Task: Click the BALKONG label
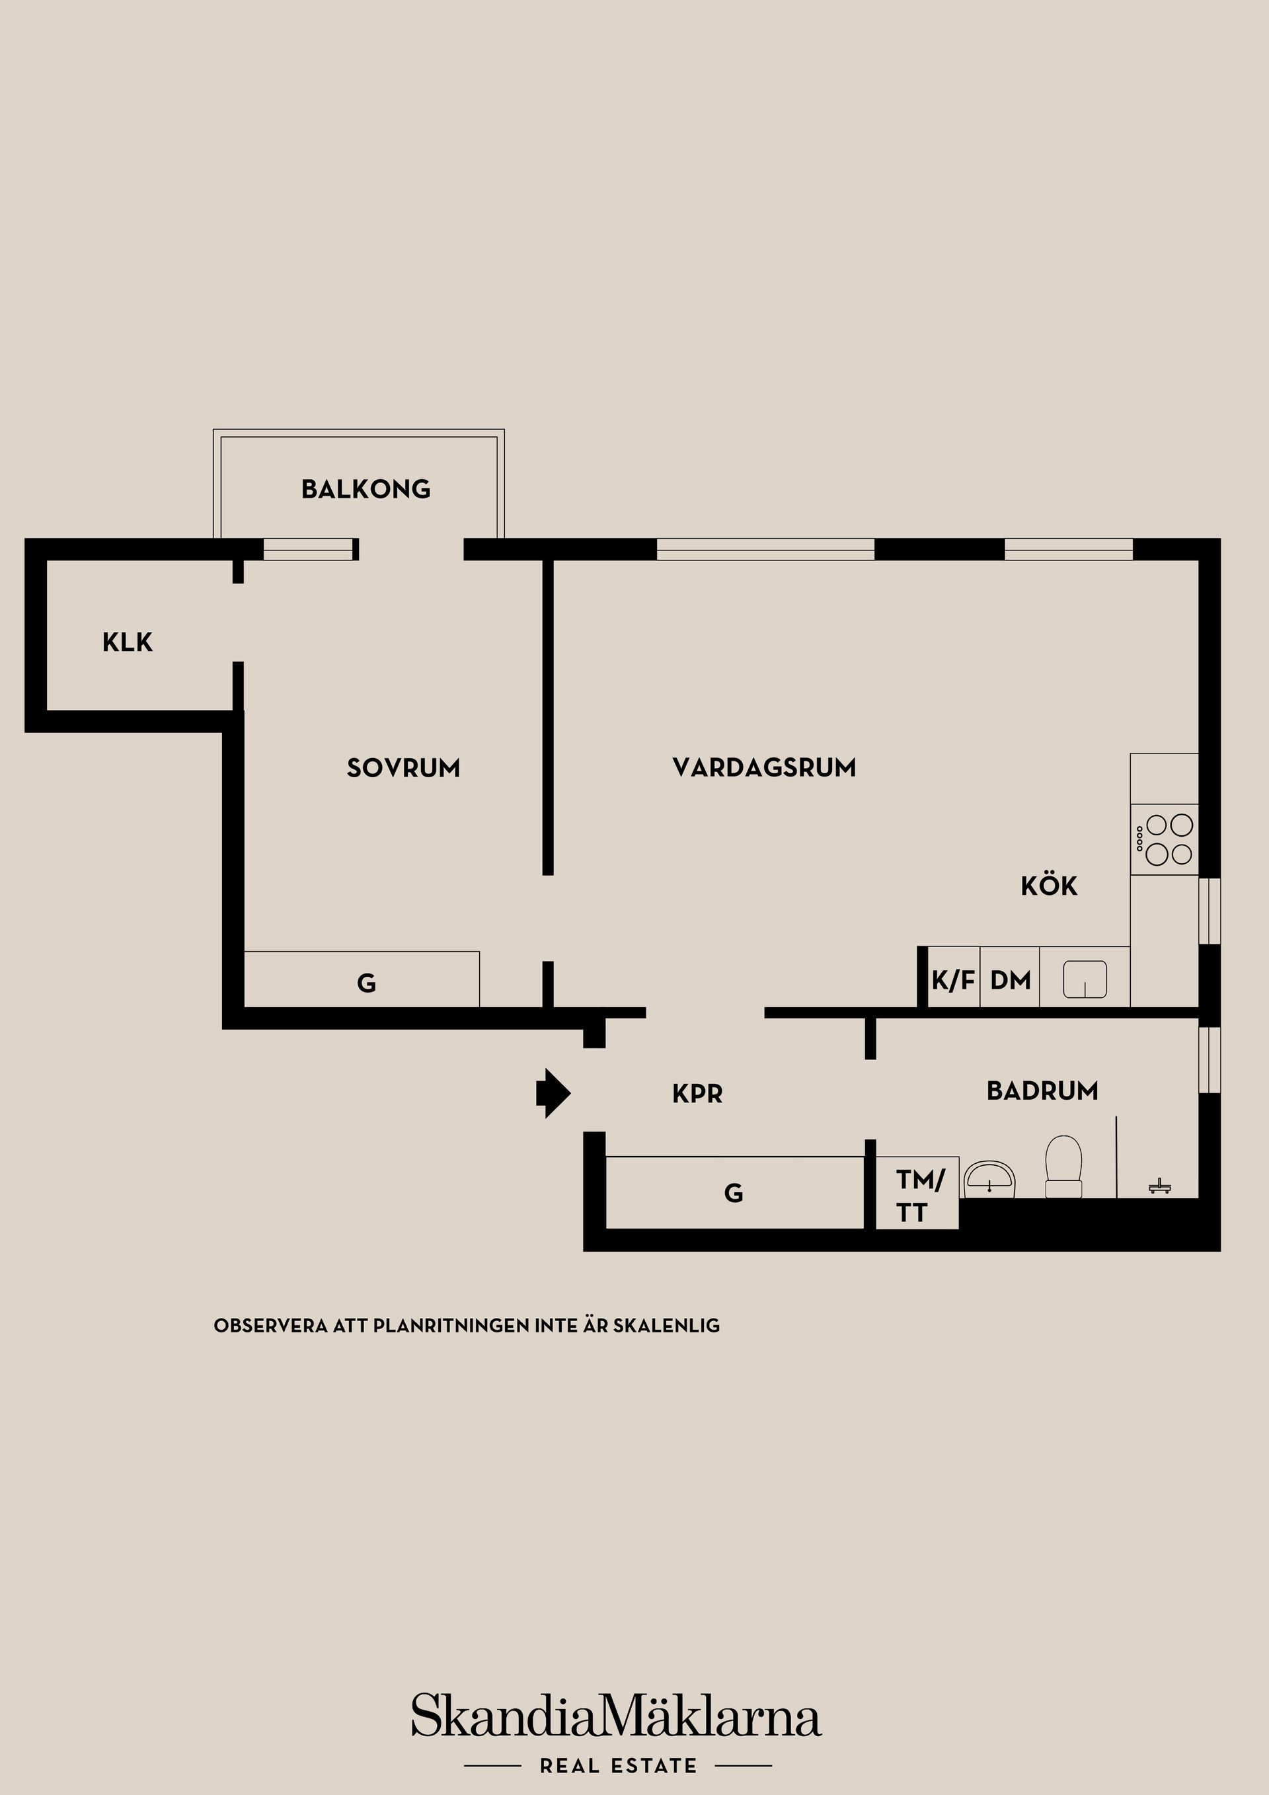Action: pyautogui.click(x=366, y=490)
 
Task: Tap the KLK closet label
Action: pyautogui.click(x=128, y=642)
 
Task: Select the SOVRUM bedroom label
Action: pyautogui.click(x=403, y=768)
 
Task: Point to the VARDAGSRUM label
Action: pyautogui.click(x=764, y=768)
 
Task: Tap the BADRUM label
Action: pyautogui.click(x=1042, y=1090)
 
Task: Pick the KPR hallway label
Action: pyautogui.click(x=697, y=1094)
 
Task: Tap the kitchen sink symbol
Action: pyautogui.click(x=1085, y=979)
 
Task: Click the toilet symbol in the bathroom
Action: pyautogui.click(x=1063, y=1166)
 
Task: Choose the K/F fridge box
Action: pyautogui.click(x=953, y=977)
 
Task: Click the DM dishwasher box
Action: pyautogui.click(x=1010, y=977)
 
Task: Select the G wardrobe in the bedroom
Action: pyautogui.click(x=362, y=979)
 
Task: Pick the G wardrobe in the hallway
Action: pyautogui.click(x=735, y=1193)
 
